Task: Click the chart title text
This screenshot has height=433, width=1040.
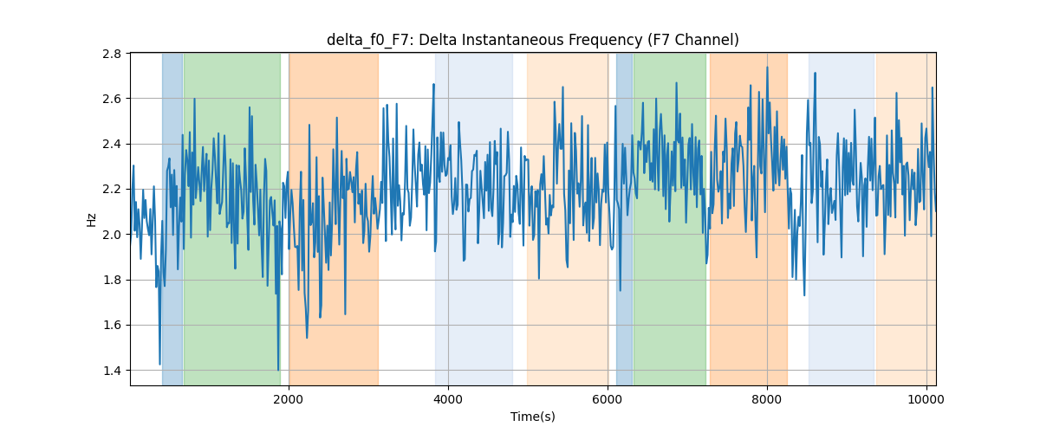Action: pyautogui.click(x=532, y=40)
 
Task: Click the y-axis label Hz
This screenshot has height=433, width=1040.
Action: pyautogui.click(x=92, y=220)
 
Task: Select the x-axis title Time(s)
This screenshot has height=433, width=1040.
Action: pyautogui.click(x=532, y=417)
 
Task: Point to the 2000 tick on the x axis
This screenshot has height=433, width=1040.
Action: pyautogui.click(x=289, y=399)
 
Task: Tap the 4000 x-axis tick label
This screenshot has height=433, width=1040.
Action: pyautogui.click(x=448, y=399)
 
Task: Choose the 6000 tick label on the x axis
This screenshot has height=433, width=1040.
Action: pyautogui.click(x=608, y=399)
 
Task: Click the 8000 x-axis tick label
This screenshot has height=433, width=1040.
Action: pyautogui.click(x=767, y=399)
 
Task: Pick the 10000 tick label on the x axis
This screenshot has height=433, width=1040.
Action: pyautogui.click(x=926, y=399)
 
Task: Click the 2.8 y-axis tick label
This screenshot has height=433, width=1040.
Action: pyautogui.click(x=112, y=54)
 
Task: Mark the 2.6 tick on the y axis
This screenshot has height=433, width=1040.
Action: pyautogui.click(x=112, y=99)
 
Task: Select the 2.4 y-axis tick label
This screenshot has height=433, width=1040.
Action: pyautogui.click(x=112, y=145)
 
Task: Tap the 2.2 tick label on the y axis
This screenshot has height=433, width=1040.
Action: pyautogui.click(x=112, y=190)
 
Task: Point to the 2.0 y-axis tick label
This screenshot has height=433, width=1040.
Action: pyautogui.click(x=112, y=235)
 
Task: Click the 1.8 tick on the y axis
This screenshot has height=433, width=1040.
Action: pyautogui.click(x=112, y=280)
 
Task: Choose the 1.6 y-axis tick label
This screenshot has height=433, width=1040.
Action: pyautogui.click(x=112, y=326)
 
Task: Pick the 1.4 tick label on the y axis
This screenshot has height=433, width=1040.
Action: pyautogui.click(x=112, y=371)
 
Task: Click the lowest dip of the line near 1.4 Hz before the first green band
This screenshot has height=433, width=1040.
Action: pyautogui.click(x=159, y=365)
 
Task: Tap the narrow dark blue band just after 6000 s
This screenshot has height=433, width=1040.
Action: pyautogui.click(x=624, y=219)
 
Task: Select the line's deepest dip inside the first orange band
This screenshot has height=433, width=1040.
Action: pyautogui.click(x=307, y=338)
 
